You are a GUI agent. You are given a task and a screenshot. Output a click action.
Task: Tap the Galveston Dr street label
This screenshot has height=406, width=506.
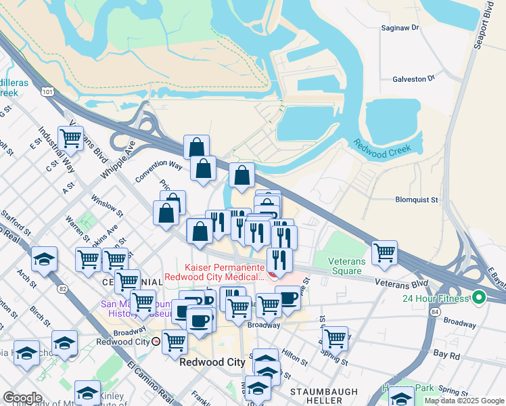[413, 79]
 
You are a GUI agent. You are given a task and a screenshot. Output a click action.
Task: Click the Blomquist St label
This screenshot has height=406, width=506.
[417, 200]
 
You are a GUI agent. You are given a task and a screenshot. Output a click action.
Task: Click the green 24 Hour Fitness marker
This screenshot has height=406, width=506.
[480, 297]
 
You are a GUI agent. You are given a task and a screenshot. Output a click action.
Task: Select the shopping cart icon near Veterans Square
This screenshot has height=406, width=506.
[384, 252]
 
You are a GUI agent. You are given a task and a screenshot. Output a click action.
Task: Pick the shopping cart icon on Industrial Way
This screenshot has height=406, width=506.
[70, 139]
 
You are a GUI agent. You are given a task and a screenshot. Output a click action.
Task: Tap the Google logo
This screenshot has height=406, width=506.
[22, 398]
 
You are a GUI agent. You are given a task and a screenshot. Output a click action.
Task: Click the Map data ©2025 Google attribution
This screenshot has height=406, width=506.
[464, 401]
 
